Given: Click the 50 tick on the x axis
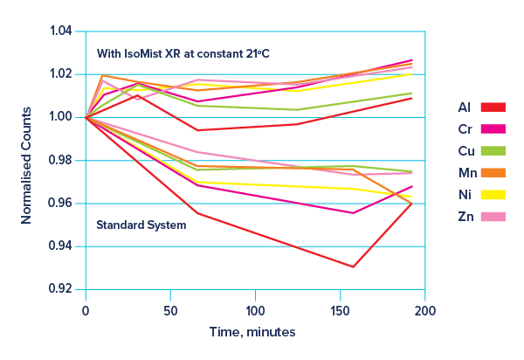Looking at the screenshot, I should (x=170, y=310).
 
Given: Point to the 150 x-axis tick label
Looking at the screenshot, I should (x=341, y=310).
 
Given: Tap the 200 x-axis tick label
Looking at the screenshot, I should (x=425, y=310).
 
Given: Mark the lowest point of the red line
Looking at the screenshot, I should (x=353, y=267).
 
